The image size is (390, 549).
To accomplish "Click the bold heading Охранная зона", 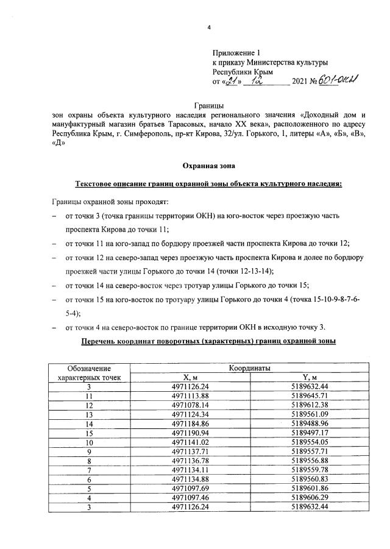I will tap(209, 165).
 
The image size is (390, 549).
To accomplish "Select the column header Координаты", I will tap(250, 368).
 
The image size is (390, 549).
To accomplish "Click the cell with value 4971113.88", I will tap(190, 395).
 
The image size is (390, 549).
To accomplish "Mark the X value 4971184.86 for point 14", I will tap(190, 423).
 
